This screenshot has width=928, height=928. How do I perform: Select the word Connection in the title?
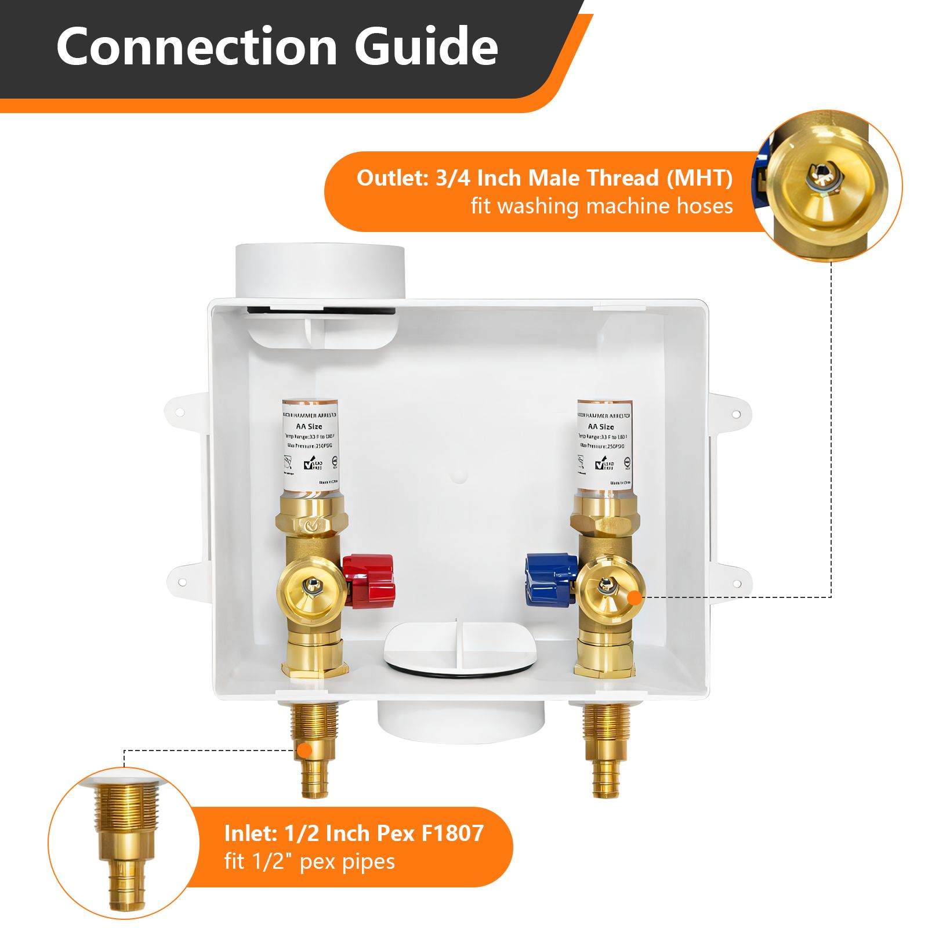pyautogui.click(x=197, y=46)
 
